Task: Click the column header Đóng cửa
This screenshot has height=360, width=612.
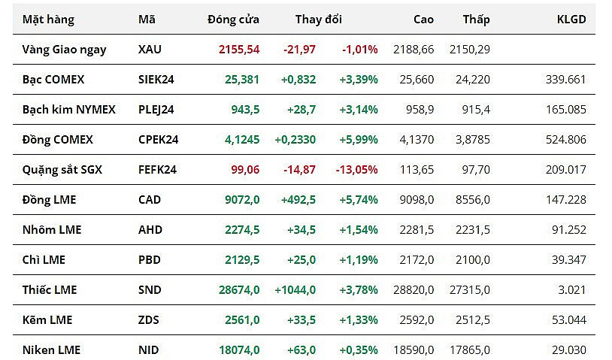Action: coord(233,20)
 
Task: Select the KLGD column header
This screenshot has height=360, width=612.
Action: coord(572,20)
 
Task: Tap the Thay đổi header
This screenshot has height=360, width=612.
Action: coord(318,20)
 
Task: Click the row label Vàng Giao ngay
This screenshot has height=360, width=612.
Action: coord(65,50)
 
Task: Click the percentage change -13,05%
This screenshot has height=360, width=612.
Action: coord(358,170)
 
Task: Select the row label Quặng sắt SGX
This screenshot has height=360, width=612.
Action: coord(62,170)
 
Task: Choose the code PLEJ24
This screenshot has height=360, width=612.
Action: coord(156,110)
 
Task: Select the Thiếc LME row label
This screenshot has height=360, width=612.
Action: coord(50,290)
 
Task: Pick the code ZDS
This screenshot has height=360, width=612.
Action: coord(149,320)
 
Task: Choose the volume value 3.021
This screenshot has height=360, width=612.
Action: coord(571,290)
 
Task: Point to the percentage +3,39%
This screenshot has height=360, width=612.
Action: coord(359,80)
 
